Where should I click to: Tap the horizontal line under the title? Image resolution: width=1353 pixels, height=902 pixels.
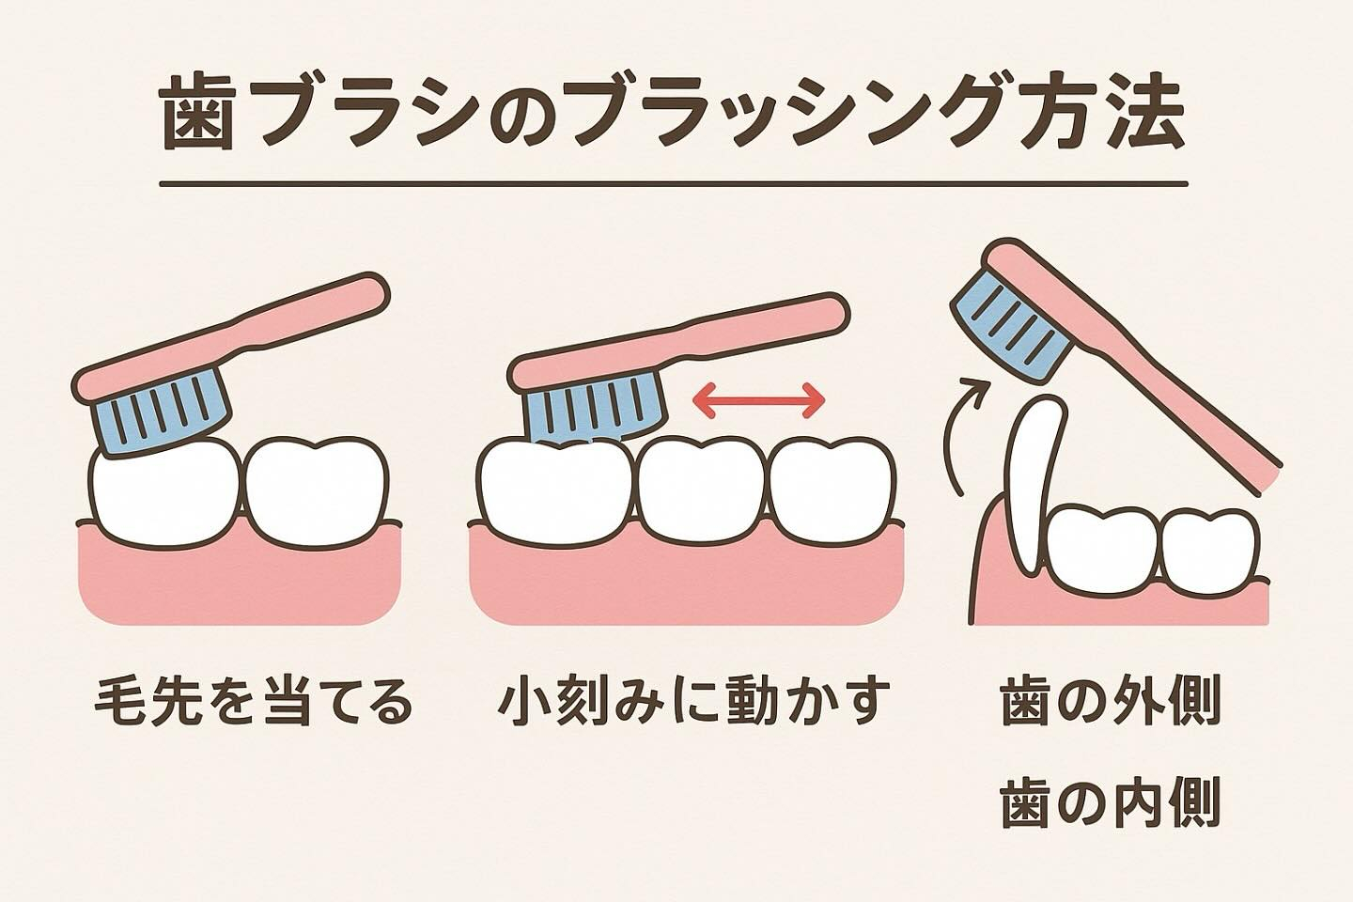tap(674, 183)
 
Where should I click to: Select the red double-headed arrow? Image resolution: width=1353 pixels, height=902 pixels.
tap(759, 400)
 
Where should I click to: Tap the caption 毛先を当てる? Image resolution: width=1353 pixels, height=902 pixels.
tap(254, 703)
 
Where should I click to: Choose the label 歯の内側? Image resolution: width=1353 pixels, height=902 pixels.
tap(1111, 801)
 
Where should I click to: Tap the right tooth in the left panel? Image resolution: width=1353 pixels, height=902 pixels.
tap(316, 492)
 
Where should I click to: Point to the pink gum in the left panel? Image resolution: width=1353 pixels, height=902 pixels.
tap(240, 580)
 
